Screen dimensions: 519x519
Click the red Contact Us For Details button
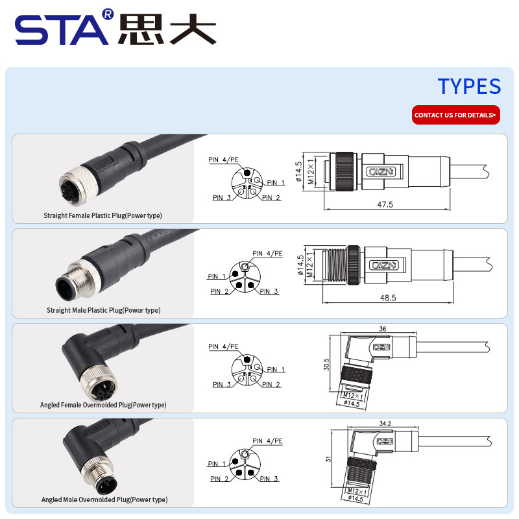(456, 115)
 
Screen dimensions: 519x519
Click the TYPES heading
(469, 87)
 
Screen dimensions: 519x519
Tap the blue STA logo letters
(62, 30)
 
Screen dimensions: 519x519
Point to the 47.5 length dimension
(385, 204)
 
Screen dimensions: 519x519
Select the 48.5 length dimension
(388, 298)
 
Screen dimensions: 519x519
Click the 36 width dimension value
(383, 329)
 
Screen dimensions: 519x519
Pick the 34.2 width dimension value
(385, 424)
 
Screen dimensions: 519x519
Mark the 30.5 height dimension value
(326, 365)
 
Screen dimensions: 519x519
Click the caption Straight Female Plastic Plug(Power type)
(103, 215)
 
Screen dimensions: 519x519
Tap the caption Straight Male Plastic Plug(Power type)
(103, 310)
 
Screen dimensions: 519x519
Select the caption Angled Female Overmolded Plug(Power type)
(103, 405)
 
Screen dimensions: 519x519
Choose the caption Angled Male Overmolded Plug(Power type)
(104, 500)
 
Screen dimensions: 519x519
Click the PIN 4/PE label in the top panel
(223, 160)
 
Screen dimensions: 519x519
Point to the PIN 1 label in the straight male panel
(217, 276)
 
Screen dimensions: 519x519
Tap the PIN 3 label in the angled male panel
(269, 479)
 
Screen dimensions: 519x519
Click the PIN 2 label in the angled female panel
(271, 384)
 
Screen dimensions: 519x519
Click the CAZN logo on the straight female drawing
(382, 171)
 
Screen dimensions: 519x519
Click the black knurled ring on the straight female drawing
(344, 171)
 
